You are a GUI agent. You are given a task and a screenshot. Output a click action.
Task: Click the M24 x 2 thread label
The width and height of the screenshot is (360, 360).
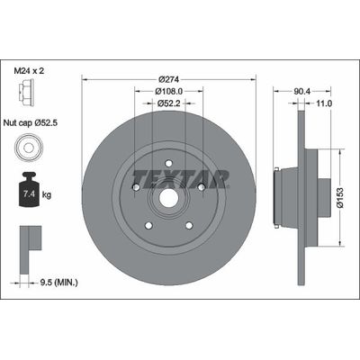tap(34, 69)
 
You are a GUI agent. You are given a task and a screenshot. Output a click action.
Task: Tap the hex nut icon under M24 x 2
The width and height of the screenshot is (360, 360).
tap(26, 93)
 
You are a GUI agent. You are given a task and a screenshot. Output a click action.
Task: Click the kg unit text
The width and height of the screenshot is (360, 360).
tap(47, 193)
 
